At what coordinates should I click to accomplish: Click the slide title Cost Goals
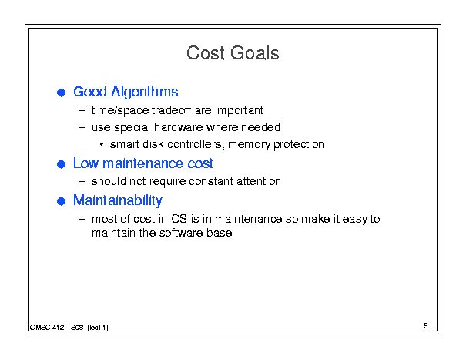point(233,53)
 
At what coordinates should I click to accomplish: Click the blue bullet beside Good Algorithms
point(61,93)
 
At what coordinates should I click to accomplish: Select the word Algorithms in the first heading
point(145,92)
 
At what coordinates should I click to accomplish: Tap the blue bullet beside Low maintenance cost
point(61,164)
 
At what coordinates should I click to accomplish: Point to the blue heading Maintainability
point(118,200)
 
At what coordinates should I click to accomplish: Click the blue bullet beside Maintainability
point(61,201)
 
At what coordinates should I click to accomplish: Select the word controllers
point(195,144)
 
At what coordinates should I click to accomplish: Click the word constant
point(211,181)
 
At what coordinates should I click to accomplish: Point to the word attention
point(259,181)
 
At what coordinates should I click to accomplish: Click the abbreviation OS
point(179,219)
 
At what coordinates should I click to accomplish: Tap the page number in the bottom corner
point(426,326)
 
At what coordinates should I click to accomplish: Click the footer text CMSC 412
point(47,328)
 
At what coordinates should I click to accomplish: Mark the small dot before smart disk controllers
point(102,145)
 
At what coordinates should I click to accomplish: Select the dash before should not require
point(82,181)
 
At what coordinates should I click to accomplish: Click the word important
point(240,110)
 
